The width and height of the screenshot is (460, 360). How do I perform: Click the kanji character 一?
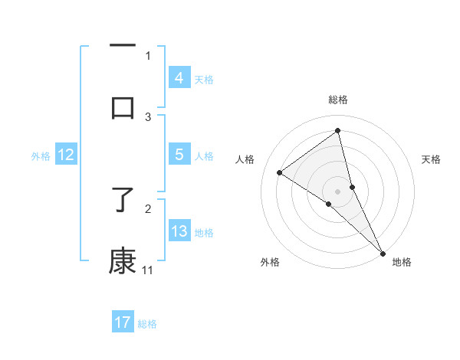[123, 46]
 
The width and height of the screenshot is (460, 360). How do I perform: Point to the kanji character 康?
[123, 260]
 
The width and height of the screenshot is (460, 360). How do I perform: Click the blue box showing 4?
[179, 77]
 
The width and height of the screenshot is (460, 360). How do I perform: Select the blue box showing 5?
[179, 155]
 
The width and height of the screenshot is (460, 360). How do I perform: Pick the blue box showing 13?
[179, 231]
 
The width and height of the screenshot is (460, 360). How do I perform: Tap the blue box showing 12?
[66, 155]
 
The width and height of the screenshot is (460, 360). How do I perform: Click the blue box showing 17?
[123, 322]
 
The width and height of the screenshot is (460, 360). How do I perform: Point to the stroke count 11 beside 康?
[148, 270]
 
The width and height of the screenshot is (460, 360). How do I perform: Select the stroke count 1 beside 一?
[148, 56]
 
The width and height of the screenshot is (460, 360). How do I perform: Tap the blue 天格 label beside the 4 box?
[203, 79]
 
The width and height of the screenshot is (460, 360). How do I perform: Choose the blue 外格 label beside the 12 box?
[41, 156]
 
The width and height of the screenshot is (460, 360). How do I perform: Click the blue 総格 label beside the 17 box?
[147, 324]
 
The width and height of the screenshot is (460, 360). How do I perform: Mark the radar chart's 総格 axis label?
[338, 100]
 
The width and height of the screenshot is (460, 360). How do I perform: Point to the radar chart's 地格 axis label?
[402, 262]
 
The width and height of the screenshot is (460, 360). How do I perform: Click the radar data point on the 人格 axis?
[279, 172]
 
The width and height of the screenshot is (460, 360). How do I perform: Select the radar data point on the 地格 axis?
[382, 252]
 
